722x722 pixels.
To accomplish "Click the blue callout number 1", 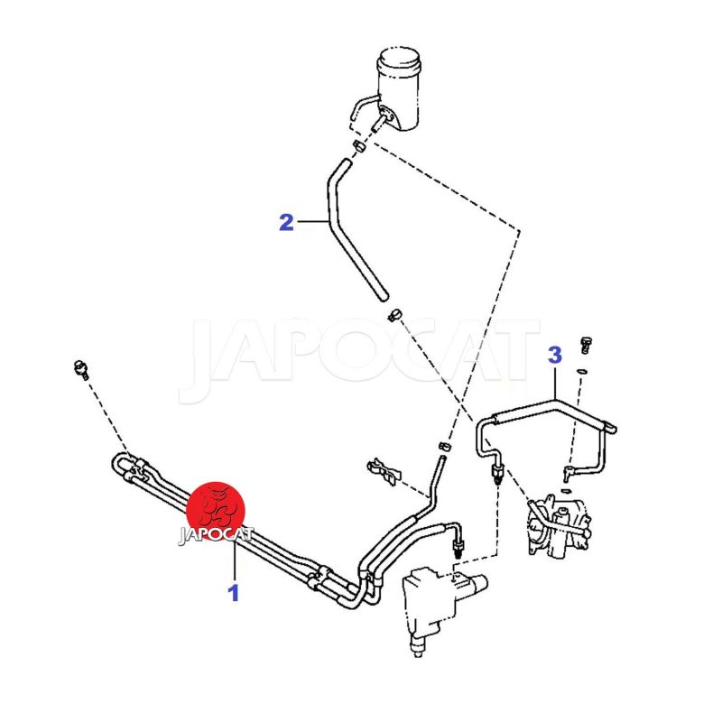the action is point(234,593).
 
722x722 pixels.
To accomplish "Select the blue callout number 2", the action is point(286,222).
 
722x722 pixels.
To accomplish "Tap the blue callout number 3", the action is point(555,355).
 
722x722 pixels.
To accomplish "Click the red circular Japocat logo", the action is point(216,511).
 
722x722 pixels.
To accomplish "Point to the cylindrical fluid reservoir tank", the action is point(399,88).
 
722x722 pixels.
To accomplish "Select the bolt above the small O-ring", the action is point(586,345).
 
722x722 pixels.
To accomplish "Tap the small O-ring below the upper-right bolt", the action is point(582,370).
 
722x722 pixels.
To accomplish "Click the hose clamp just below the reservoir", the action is point(359,146).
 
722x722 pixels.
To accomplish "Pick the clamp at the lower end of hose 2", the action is point(395,315).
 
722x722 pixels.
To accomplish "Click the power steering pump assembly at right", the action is point(559,525).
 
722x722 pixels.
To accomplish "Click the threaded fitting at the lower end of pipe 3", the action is point(498,475).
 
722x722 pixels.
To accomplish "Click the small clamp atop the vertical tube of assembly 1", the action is point(444,446).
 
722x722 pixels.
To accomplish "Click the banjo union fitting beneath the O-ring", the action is point(569,471).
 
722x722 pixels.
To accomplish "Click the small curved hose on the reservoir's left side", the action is point(364,105).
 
